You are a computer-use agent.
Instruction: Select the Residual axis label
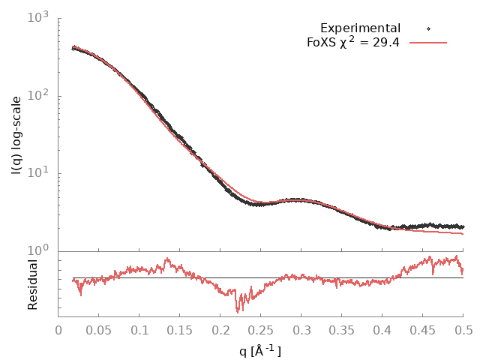point(33,284)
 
